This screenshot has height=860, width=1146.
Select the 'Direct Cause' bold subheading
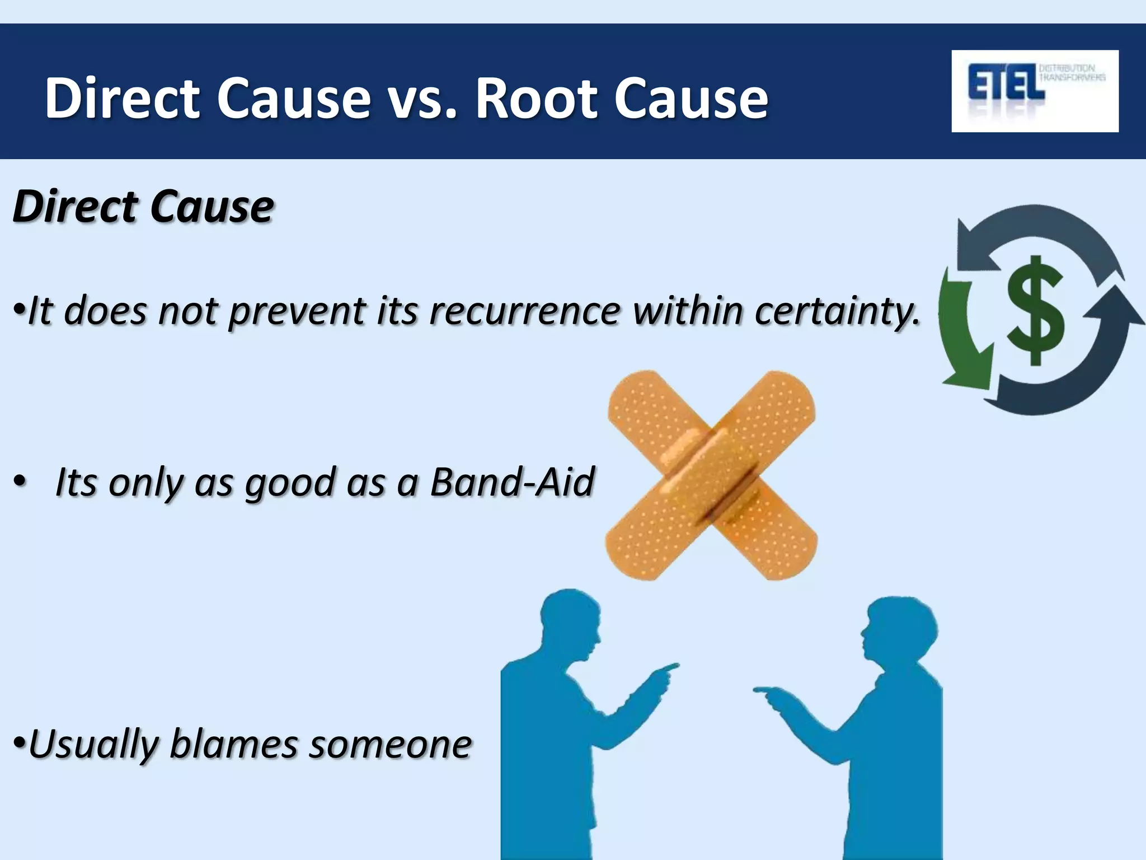(143, 207)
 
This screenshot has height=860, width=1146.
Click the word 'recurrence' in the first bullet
(525, 310)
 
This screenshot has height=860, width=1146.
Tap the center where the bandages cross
(711, 474)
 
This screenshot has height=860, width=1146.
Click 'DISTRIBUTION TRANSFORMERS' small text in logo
(1072, 73)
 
